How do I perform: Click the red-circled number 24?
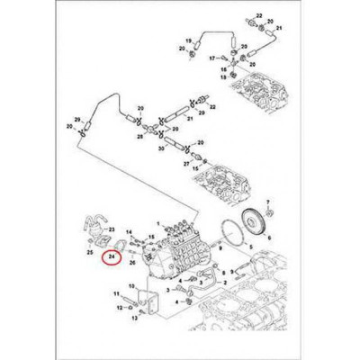pyautogui.click(x=111, y=256)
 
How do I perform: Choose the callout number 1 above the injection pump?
pyautogui.click(x=160, y=220)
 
